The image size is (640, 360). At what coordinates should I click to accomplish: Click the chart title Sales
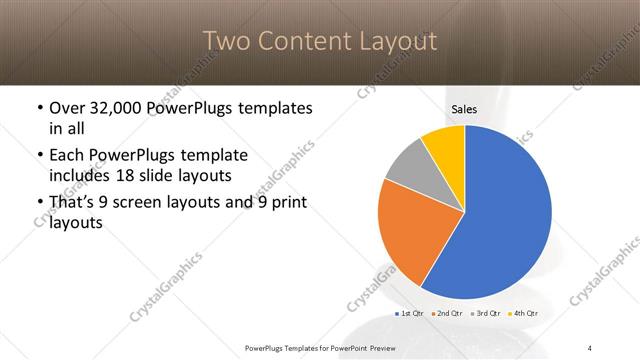pos(464,110)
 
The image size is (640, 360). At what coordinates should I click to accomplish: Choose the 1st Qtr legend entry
pos(411,315)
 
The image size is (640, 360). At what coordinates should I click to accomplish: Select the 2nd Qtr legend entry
pos(447,315)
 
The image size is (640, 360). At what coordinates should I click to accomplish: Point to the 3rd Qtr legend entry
pos(484,315)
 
